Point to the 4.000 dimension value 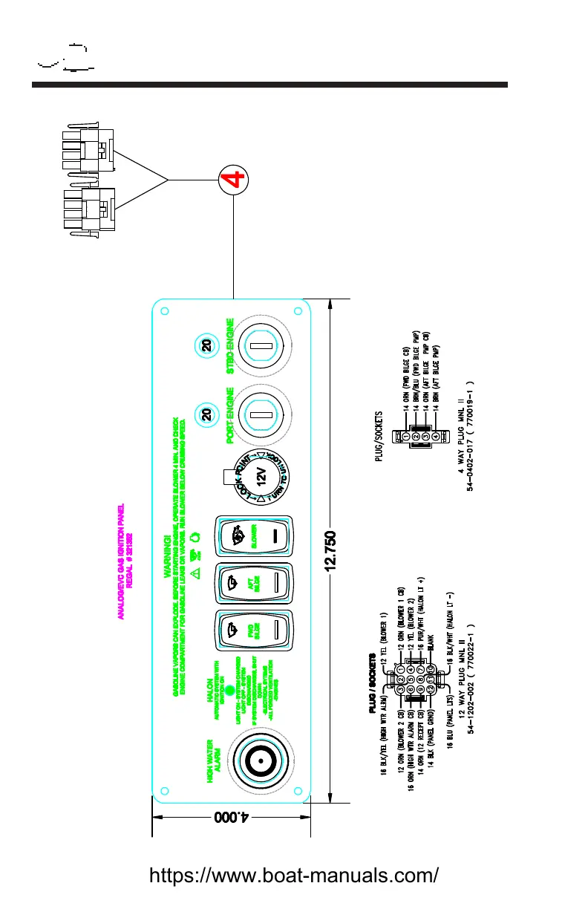click(x=231, y=817)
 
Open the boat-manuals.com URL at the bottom click(x=294, y=874)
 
